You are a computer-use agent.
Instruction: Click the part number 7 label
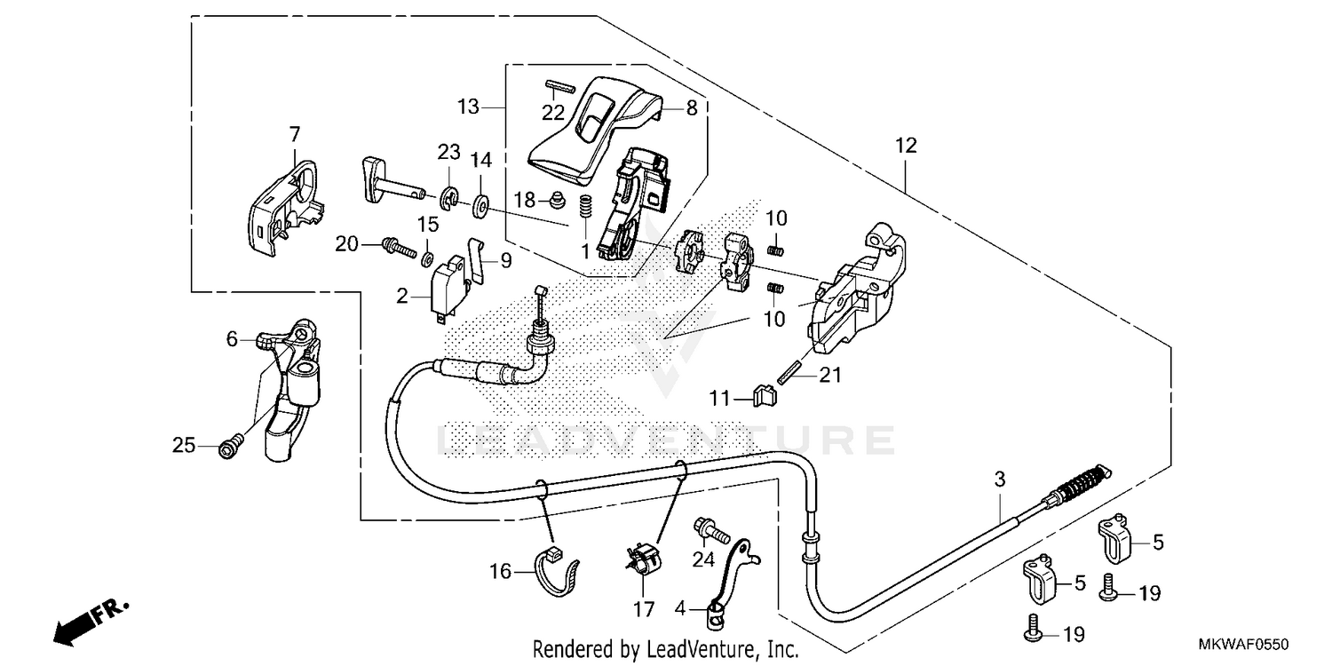click(294, 134)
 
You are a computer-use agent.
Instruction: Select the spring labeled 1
click(586, 210)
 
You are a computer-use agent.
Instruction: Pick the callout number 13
click(468, 107)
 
